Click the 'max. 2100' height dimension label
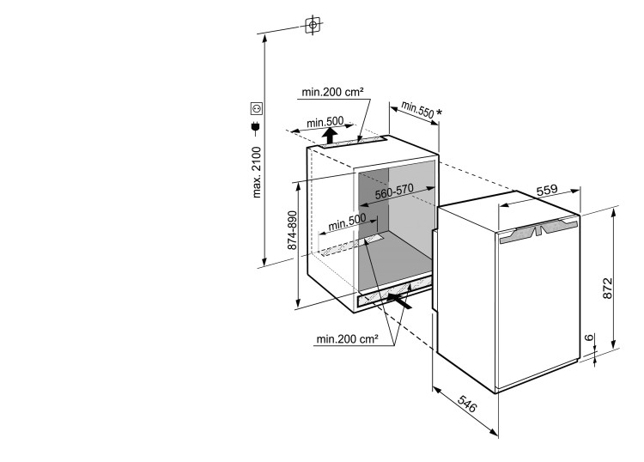[x=257, y=172]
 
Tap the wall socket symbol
[x=257, y=108]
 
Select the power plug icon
[x=256, y=128]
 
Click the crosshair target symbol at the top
[x=313, y=25]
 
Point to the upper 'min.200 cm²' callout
[x=332, y=92]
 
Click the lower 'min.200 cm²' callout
[x=347, y=339]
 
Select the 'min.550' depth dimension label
[x=417, y=110]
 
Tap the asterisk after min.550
[x=439, y=112]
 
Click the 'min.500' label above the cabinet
[x=325, y=122]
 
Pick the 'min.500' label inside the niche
[x=347, y=222]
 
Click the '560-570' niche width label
[x=394, y=191]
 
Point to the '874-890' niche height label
[x=292, y=230]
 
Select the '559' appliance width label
[x=547, y=190]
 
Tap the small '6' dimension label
[x=589, y=337]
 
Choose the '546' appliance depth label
[x=467, y=404]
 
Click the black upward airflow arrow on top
[x=330, y=136]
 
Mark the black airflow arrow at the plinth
[x=399, y=301]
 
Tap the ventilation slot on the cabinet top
[x=353, y=143]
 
